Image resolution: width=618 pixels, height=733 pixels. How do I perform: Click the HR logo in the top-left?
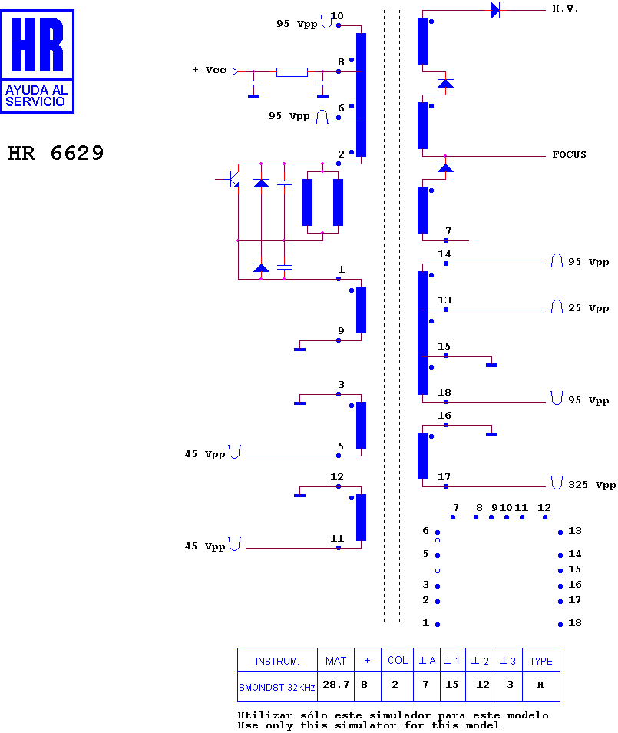pos(38,61)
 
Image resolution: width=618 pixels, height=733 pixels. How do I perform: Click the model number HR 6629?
pos(55,154)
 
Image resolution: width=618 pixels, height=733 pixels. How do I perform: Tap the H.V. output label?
pos(565,9)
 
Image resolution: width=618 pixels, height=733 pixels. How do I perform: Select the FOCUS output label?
pos(569,154)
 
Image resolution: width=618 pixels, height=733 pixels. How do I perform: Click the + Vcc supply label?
pos(210,70)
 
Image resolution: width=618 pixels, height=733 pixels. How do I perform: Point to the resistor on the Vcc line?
pos(292,72)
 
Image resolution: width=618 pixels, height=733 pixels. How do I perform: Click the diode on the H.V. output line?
pos(496,10)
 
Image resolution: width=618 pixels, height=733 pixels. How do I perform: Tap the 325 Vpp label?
pos(592,485)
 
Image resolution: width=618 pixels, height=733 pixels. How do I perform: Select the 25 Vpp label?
pos(588,309)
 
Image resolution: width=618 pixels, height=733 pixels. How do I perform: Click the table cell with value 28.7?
pos(335,685)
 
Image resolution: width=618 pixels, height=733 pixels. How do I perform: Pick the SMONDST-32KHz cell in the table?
pos(277,687)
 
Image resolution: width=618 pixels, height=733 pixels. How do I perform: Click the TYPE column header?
pos(541,661)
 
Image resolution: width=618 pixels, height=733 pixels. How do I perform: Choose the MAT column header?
pos(335,661)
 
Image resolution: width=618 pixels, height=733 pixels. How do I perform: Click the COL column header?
pos(398,660)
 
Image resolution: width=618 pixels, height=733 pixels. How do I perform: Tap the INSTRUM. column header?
pos(277,662)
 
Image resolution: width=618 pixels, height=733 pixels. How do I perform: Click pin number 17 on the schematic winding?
pos(444,477)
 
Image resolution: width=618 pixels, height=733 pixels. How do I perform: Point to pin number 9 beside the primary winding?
pos(341,331)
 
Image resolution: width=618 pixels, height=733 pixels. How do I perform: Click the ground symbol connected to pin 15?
pos(491,364)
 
